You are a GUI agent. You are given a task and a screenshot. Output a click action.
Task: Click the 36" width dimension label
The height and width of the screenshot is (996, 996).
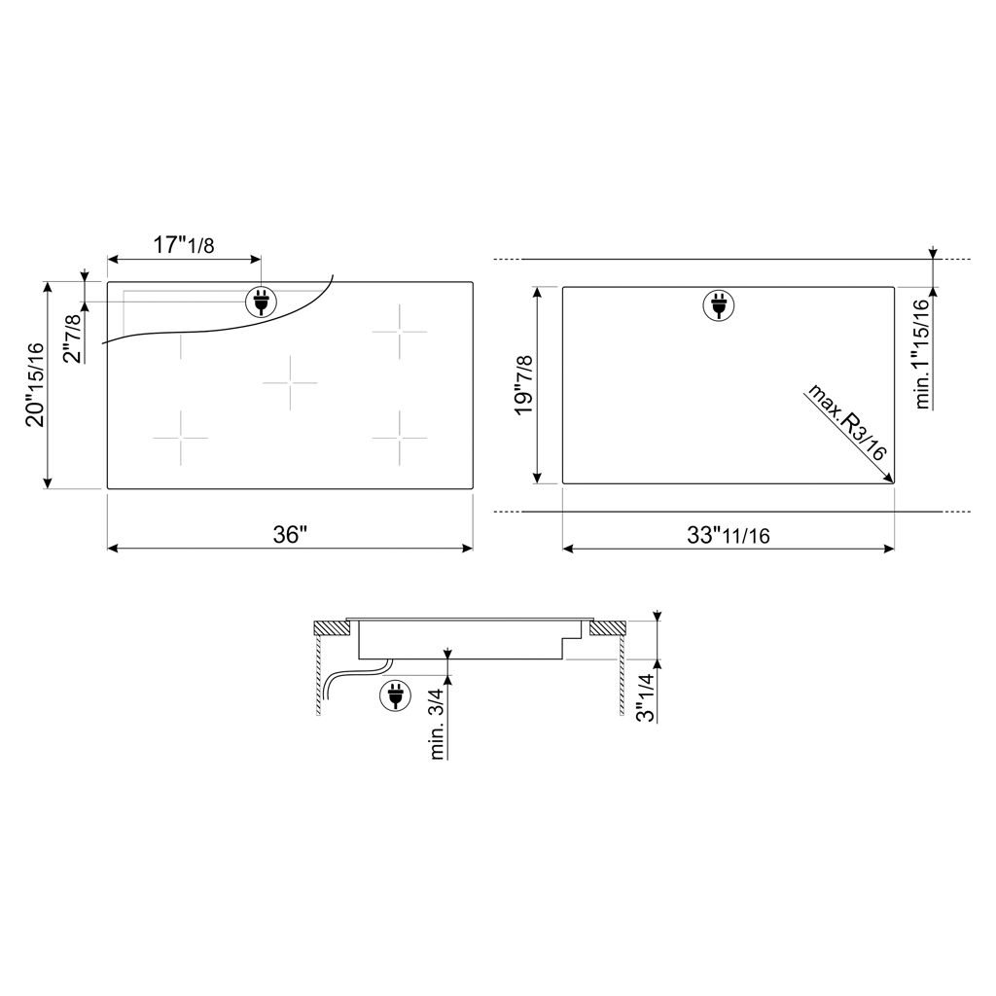click(290, 534)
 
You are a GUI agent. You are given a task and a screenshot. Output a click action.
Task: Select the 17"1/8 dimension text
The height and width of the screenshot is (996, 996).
click(184, 244)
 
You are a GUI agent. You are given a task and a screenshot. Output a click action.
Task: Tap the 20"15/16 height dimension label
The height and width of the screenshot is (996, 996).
click(35, 385)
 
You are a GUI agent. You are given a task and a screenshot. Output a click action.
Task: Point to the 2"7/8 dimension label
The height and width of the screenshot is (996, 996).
click(74, 338)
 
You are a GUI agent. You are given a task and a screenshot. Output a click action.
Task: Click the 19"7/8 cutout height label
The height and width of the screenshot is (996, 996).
click(524, 385)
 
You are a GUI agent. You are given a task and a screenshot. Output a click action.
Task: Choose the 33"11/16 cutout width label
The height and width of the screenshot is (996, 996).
click(728, 536)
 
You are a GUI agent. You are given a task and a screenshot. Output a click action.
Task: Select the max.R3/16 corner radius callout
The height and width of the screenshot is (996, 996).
click(846, 422)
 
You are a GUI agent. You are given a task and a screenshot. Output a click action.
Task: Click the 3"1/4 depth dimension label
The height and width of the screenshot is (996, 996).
click(646, 697)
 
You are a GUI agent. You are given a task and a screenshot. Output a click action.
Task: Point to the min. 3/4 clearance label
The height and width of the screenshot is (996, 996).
click(438, 724)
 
